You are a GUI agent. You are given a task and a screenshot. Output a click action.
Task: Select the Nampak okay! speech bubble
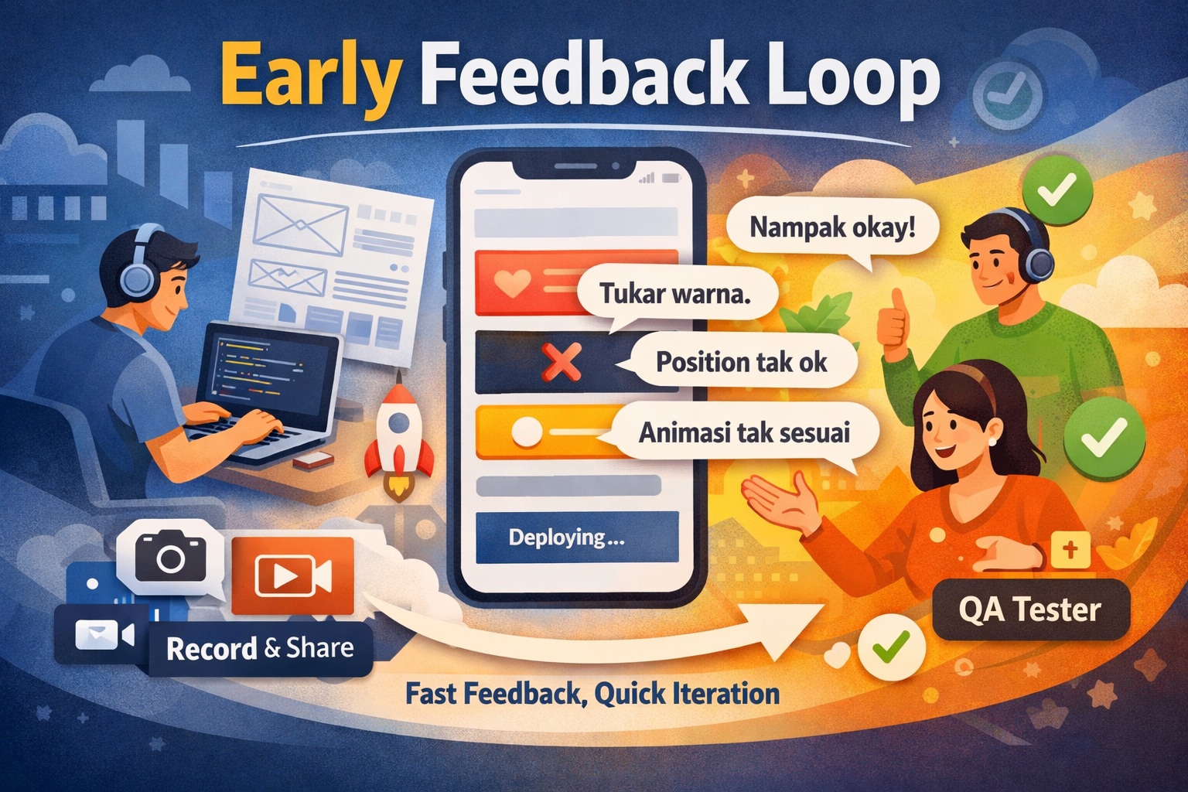point(832,228)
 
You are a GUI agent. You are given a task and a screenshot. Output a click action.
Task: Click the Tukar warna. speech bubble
point(675,294)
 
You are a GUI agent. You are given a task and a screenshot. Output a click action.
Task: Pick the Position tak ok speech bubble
point(742,362)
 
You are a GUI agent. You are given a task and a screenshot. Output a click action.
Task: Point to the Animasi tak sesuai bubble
point(744,432)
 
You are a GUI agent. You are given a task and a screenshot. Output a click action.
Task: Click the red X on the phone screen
point(562,362)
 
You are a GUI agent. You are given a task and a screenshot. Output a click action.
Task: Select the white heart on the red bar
point(512,284)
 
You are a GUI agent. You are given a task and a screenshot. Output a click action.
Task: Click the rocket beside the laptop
point(398,437)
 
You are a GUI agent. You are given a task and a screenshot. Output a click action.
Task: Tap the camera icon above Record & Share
point(170,556)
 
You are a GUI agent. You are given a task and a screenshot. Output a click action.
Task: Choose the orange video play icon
point(292,575)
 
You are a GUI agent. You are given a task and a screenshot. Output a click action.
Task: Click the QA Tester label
point(1029,610)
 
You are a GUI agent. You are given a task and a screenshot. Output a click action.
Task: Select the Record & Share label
point(260,648)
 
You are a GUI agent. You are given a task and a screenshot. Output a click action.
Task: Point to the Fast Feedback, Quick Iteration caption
point(592,694)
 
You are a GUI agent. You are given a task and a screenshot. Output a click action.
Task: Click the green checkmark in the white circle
point(891,646)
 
